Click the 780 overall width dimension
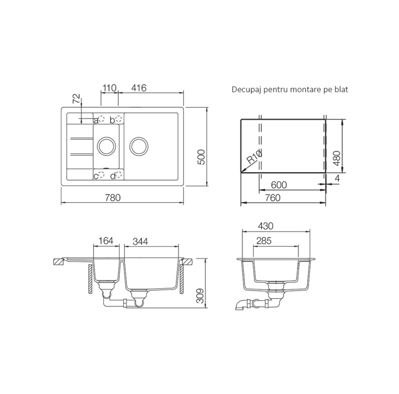113,197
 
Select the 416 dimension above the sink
139,88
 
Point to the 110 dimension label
109,88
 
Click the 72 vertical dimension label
76,98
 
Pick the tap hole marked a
101,118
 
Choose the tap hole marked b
119,118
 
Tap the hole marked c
101,175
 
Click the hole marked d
119,175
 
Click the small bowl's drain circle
107,146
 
